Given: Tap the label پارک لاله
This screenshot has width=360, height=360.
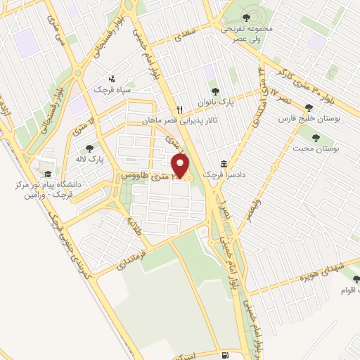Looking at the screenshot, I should point(90,159).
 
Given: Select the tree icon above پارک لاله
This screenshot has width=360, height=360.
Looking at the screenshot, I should point(89,148).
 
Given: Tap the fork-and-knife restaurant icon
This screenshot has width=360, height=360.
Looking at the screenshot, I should point(180,110).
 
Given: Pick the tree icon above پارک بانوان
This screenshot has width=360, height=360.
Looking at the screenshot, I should point(216,91).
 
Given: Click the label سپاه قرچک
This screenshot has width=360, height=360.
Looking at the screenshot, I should point(113,90).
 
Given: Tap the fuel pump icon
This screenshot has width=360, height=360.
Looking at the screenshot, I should point(224,356).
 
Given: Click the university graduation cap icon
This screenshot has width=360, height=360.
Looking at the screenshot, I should point(47,174).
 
